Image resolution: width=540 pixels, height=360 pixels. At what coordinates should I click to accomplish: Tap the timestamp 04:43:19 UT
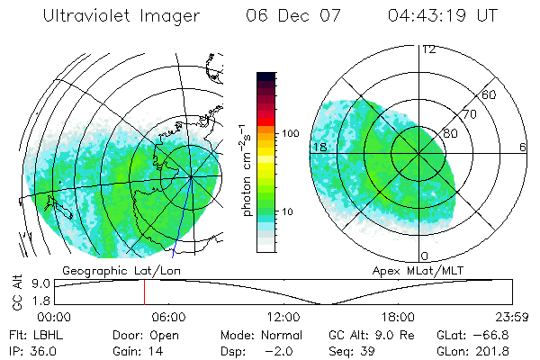(443, 16)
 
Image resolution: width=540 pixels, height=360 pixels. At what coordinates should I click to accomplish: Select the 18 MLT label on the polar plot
(319, 147)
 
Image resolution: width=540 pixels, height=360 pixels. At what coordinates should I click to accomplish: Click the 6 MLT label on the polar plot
(522, 147)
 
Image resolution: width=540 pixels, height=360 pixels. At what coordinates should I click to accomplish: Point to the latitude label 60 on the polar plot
(490, 94)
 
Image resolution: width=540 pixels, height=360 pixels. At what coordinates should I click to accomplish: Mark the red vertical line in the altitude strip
(143, 292)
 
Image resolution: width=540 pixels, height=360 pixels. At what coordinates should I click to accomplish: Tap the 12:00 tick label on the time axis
(283, 317)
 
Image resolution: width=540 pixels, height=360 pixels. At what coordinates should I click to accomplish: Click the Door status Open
(165, 335)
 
